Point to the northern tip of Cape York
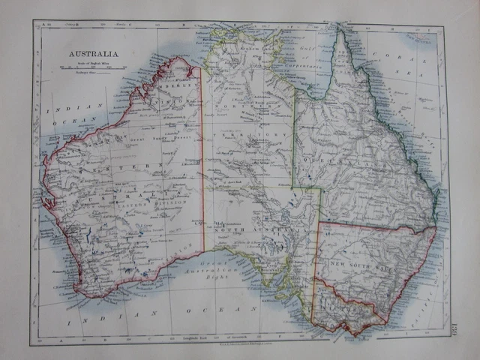pyautogui.click(x=340, y=30)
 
